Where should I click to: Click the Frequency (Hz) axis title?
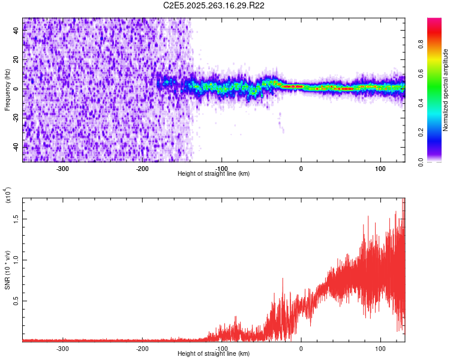(8, 89)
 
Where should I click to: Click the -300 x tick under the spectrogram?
(63, 169)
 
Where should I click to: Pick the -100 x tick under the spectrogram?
(221, 169)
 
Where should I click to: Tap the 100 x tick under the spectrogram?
(380, 169)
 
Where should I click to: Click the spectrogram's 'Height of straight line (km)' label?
(214, 174)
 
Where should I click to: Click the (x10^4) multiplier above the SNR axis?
(8, 196)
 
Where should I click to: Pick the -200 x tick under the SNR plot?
(142, 349)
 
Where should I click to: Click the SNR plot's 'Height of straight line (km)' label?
(214, 354)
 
